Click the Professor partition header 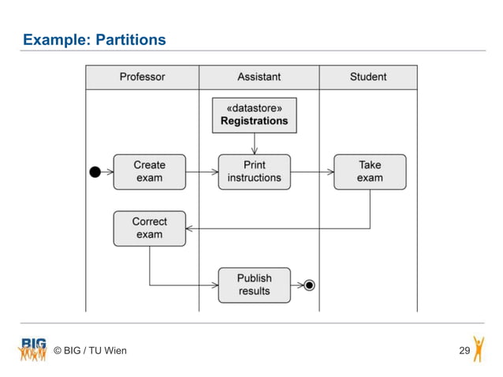coord(142,77)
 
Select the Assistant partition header coord(259,77)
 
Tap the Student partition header coord(368,77)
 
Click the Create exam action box coord(149,171)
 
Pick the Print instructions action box coord(254,171)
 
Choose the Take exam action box coord(370,171)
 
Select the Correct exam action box coord(149,228)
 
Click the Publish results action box coord(254,285)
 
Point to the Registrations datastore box coord(254,115)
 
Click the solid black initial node coord(95,172)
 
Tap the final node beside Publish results coord(309,285)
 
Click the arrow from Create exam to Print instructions coord(202,171)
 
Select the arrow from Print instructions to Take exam coord(312,171)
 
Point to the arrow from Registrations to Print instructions coord(254,144)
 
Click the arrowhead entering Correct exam coord(190,228)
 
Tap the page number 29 coord(464,350)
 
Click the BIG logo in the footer coord(32,349)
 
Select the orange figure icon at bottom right coord(479,349)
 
